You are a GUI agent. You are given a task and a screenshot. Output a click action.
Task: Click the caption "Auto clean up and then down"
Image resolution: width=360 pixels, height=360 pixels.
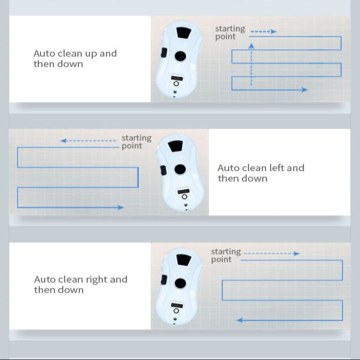coord(75,58)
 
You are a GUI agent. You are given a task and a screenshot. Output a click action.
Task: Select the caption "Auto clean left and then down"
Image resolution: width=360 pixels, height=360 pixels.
coord(261,173)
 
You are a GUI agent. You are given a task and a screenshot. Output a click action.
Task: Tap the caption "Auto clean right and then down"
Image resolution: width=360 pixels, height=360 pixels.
coord(81,284)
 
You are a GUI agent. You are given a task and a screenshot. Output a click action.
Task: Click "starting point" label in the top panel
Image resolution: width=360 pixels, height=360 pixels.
coord(230,32)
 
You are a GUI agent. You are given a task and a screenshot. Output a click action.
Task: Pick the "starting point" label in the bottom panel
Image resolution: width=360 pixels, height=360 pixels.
coord(226,255)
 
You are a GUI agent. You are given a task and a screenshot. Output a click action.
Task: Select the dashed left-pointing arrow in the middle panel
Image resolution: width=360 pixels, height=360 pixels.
coord(88,141)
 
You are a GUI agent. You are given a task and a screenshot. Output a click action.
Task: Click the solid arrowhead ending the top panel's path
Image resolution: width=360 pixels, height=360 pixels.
coord(305,90)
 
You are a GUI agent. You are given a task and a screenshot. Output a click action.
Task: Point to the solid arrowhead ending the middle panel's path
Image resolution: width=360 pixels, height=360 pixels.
coord(121,207)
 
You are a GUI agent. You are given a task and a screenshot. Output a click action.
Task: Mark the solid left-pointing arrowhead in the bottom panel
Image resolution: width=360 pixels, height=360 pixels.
coord(239,320)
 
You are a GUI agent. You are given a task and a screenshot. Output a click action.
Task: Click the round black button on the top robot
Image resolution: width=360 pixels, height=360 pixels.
coord(180,56)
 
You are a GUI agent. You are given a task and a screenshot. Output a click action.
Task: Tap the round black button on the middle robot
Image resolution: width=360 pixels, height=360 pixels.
coord(180,169)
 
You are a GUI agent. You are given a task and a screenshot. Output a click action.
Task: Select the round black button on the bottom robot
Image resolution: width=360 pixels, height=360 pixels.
coord(180,283)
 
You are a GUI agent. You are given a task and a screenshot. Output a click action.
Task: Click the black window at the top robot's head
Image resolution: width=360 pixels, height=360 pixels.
coord(183,33)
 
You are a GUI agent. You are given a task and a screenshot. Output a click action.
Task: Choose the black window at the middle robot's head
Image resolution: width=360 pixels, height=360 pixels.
coord(176,146)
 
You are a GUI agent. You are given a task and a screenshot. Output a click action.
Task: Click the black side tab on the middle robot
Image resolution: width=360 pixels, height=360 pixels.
coord(162,170)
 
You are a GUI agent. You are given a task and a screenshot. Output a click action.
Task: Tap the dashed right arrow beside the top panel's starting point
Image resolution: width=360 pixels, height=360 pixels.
coord(263,32)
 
